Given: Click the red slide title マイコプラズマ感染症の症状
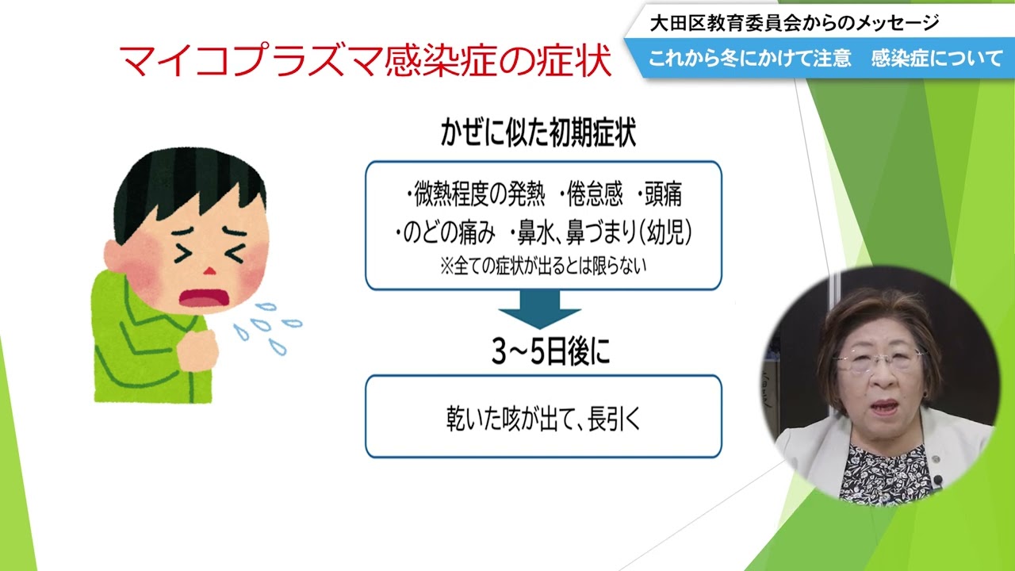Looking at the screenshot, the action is tap(366, 59).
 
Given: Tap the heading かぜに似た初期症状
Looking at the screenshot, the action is tap(538, 132).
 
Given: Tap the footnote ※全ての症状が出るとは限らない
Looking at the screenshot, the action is tap(543, 266).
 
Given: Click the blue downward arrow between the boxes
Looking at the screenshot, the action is tap(539, 309).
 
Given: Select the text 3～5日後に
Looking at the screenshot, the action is tap(551, 351).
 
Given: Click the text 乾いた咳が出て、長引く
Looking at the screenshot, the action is tap(543, 418).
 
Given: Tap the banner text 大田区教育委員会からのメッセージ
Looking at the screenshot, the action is tap(795, 23).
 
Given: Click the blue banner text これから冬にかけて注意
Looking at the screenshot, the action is tap(749, 59).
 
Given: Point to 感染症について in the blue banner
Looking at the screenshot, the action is tap(936, 59).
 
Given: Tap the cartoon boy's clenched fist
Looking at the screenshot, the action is tap(197, 351).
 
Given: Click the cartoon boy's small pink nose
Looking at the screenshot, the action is tap(209, 271).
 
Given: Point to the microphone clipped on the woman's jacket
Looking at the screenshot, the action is tap(937, 480).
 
